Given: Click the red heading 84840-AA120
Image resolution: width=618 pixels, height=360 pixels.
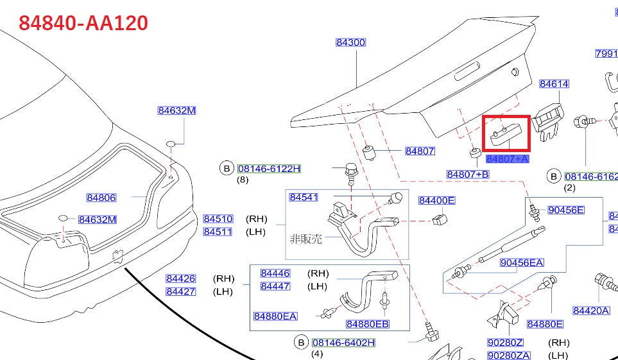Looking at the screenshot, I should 83,23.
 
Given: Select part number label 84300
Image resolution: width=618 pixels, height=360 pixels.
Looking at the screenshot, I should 350,43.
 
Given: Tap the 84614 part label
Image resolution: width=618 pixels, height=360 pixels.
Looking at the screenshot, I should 554,84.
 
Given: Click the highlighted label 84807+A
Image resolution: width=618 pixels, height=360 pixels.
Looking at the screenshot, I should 507,159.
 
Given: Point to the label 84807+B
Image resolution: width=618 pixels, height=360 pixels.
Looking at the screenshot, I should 468,175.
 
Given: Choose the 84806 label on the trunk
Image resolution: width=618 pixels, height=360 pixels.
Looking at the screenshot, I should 101,198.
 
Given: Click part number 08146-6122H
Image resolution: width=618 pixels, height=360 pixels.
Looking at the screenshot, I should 269,169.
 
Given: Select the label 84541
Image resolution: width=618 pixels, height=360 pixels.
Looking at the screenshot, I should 304,197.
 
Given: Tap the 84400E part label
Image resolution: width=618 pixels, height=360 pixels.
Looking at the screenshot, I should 436,201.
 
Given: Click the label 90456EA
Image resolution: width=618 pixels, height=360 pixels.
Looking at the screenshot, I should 522,262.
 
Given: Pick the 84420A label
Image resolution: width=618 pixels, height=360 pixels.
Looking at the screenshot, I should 591,311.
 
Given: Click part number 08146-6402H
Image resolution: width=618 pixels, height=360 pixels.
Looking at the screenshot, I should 343,343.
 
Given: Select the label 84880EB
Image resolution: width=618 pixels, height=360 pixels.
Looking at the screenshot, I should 368,324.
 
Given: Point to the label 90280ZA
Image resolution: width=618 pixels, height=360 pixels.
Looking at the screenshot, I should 509,356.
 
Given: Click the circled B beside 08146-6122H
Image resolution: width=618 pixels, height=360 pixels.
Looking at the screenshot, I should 227,169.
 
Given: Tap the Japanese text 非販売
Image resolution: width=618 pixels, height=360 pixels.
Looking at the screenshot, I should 305,239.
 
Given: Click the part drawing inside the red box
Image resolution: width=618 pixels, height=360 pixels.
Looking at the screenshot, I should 506,133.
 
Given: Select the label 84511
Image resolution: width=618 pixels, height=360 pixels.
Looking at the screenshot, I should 218,232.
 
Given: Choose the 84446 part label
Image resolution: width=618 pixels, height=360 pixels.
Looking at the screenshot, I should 275,273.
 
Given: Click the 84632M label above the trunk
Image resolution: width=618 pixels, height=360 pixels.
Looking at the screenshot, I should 176,110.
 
